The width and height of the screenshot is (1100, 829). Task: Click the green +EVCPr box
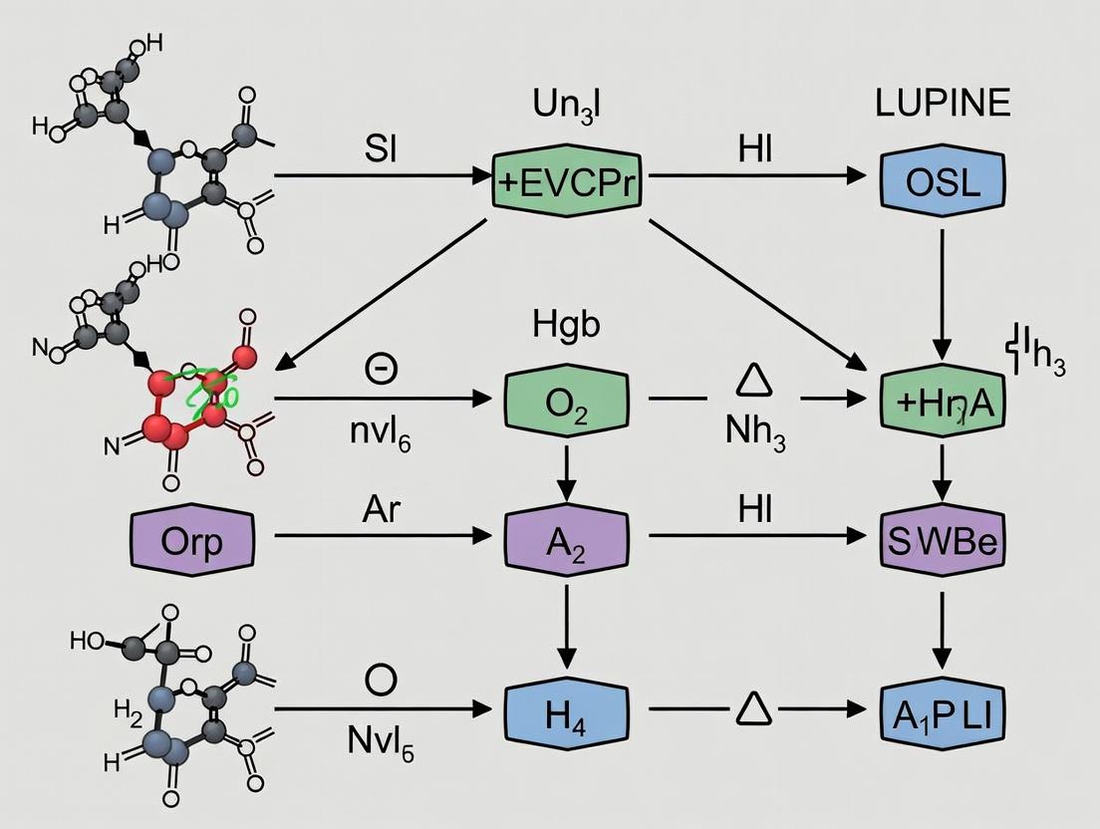pyautogui.click(x=565, y=179)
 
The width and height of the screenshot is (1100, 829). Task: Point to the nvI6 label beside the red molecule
pyautogui.click(x=382, y=434)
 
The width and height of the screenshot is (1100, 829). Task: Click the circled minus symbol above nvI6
pyautogui.click(x=382, y=368)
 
